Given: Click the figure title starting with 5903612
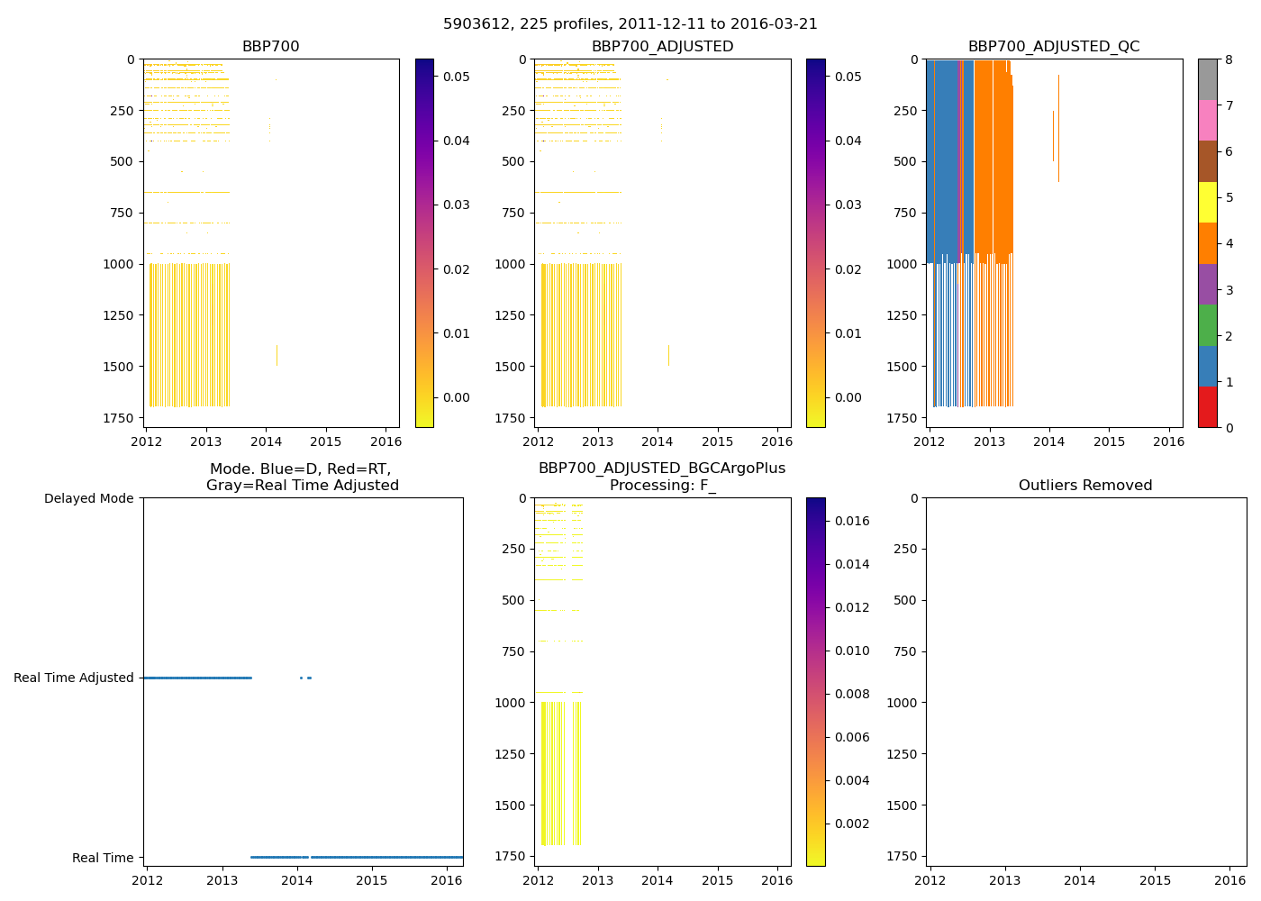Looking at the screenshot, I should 630,24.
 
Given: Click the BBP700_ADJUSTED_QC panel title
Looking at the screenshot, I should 1054,47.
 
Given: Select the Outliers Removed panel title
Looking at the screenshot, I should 1085,486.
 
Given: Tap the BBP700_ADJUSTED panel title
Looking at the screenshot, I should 662,47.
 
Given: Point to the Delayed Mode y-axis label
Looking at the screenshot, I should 88,498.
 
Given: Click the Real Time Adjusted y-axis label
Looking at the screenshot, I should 74,678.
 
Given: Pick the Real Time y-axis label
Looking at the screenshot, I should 103,858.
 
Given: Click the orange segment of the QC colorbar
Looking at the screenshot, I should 1207,243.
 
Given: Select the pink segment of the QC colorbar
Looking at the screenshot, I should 1207,120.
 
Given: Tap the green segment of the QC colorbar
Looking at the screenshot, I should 1207,325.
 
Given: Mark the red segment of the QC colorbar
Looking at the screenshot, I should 1207,407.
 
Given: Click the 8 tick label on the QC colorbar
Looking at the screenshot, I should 1229,59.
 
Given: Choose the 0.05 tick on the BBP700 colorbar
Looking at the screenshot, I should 457,77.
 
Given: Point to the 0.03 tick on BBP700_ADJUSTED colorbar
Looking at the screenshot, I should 848,205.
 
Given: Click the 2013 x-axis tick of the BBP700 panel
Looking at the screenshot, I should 205,441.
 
